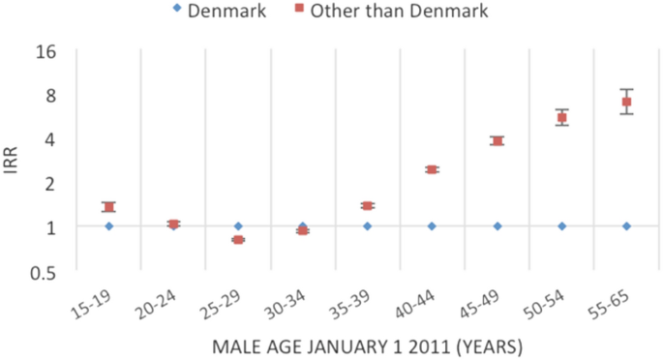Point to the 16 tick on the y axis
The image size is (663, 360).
pyautogui.click(x=45, y=51)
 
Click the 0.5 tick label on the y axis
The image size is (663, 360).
pyautogui.click(x=42, y=271)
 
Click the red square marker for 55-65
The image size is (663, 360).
pyautogui.click(x=626, y=102)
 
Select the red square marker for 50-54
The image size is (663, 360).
pyautogui.click(x=561, y=118)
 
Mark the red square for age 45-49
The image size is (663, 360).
pyautogui.click(x=497, y=141)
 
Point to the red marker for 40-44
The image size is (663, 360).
pyautogui.click(x=432, y=169)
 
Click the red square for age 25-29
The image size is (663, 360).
pyautogui.click(x=238, y=239)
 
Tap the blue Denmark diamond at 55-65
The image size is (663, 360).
pyautogui.click(x=626, y=226)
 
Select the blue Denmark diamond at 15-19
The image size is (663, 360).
pyautogui.click(x=108, y=226)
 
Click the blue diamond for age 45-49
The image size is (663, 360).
pyautogui.click(x=497, y=226)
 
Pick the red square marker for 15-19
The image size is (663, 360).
pyautogui.click(x=108, y=207)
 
